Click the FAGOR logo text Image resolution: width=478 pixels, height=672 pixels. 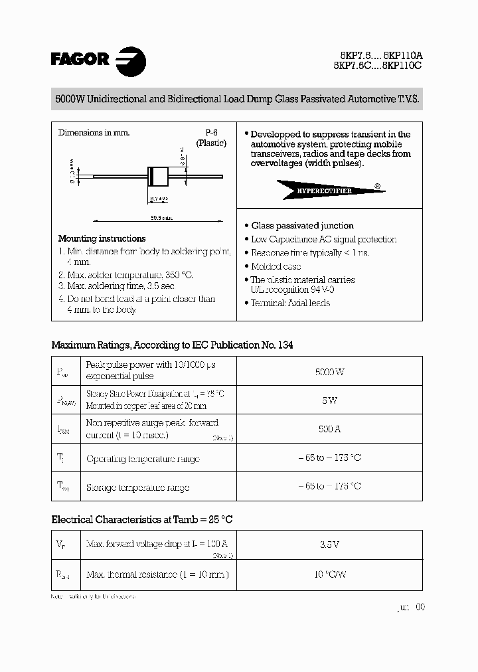pos(80,59)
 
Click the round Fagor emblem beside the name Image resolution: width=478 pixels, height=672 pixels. pos(131,60)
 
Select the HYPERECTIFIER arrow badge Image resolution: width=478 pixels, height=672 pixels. pos(329,191)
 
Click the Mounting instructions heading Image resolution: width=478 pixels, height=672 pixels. pos(102,238)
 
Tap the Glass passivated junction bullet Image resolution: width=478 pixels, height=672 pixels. pos(302,226)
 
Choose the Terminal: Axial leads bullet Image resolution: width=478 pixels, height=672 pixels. pos(289,303)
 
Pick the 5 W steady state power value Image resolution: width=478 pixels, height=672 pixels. pos(329,400)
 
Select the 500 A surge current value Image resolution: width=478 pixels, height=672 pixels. pos(329,429)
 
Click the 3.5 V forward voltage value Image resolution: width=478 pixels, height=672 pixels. pos(329,545)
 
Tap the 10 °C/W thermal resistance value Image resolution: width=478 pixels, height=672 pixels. pos(329,574)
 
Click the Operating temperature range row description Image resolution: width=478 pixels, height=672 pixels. pos(143,459)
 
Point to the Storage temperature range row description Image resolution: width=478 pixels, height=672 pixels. pos(137,487)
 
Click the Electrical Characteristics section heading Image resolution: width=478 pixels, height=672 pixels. pos(142,519)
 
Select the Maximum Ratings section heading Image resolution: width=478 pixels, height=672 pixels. pos(172,345)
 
